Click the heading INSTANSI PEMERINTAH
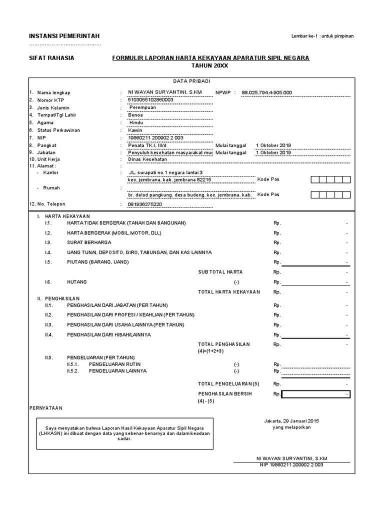tap(64, 35)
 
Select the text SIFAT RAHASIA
tap(51, 58)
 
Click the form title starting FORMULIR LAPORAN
tap(210, 58)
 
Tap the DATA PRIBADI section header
tap(192, 81)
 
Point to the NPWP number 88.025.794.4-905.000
tap(266, 92)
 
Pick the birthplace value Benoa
tap(135, 115)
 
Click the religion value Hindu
tap(136, 122)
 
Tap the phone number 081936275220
tap(145, 204)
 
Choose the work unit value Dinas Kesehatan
tap(147, 159)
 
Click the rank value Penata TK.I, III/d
tap(148, 145)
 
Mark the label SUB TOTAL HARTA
tap(220, 272)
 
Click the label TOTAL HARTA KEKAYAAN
tap(229, 291)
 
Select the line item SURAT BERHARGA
tap(89, 242)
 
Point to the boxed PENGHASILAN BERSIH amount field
tap(315, 394)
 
